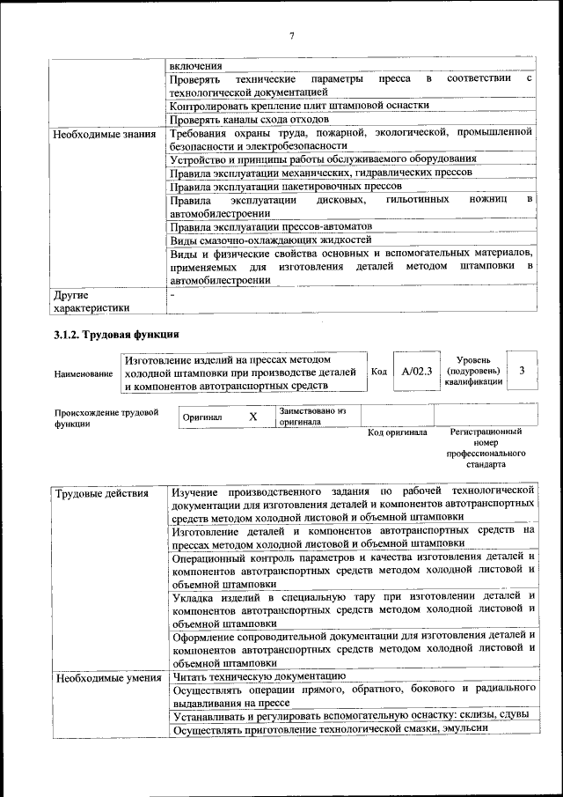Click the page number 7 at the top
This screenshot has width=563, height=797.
click(291, 35)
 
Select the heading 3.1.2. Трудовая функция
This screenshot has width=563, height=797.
click(116, 335)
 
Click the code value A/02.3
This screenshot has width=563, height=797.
click(416, 372)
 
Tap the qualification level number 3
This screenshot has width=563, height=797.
click(522, 371)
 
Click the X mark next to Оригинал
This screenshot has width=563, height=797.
click(252, 417)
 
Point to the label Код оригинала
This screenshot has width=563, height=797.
click(397, 432)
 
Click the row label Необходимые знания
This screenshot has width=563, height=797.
click(104, 134)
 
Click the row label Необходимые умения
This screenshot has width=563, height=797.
click(107, 677)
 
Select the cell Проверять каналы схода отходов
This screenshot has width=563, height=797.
click(250, 119)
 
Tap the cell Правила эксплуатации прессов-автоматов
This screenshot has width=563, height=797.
click(271, 225)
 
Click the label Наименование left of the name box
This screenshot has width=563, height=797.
click(84, 373)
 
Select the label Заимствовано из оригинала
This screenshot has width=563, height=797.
click(313, 416)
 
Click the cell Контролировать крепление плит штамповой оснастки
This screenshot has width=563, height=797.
click(299, 105)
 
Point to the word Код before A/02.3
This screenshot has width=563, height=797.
click(379, 372)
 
